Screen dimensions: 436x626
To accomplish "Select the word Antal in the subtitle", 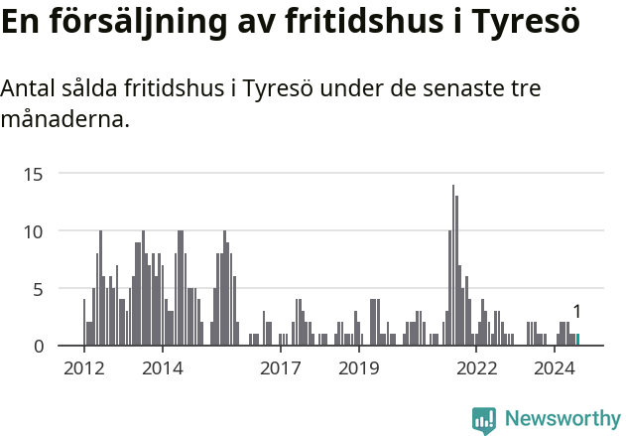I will coord(31,89).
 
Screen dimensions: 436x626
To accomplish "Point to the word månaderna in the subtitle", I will coord(65,121).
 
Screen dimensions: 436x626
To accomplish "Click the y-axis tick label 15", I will coord(35,174).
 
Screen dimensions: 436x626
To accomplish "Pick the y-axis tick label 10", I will coord(35,231).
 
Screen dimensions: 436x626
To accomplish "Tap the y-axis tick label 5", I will coord(40,289).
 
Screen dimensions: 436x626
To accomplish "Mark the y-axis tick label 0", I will coord(40,346).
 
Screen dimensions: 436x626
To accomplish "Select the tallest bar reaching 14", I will coord(453,268).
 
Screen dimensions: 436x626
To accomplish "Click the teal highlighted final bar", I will coord(577,340).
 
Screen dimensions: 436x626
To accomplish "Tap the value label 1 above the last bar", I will coord(576,312).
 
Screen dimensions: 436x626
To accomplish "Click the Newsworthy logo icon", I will coord(483,420).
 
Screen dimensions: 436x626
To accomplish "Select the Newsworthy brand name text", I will coord(563,419).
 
